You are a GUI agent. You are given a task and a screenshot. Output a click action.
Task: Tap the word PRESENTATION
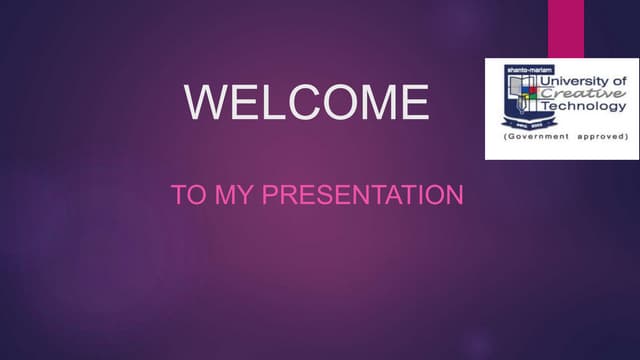[362, 194]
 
